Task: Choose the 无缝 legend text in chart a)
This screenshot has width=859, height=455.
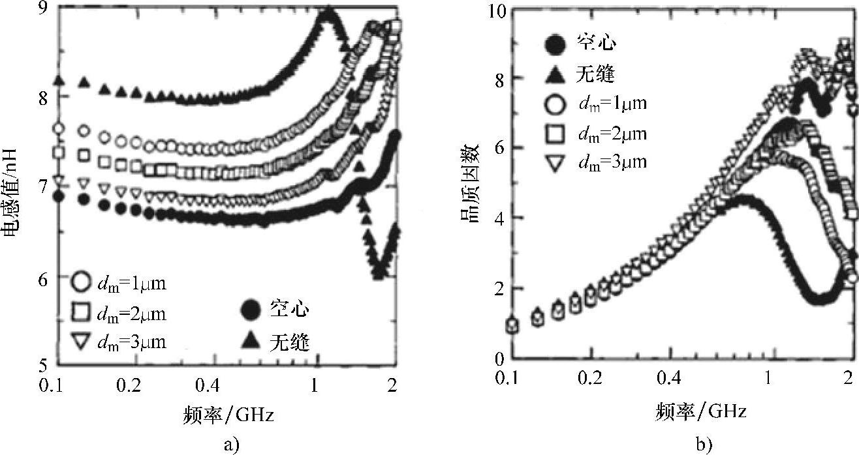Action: pos(289,341)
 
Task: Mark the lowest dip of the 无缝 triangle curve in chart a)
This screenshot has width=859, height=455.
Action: pos(377,272)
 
